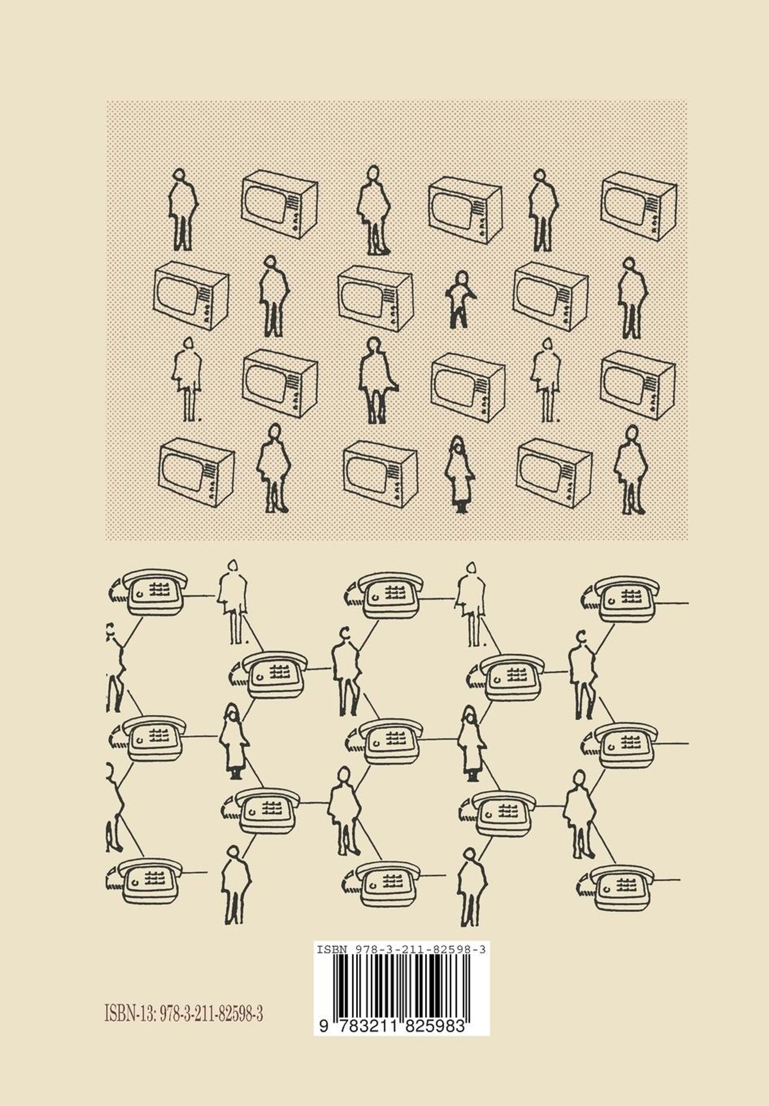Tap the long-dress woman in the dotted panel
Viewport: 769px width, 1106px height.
point(460,474)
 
